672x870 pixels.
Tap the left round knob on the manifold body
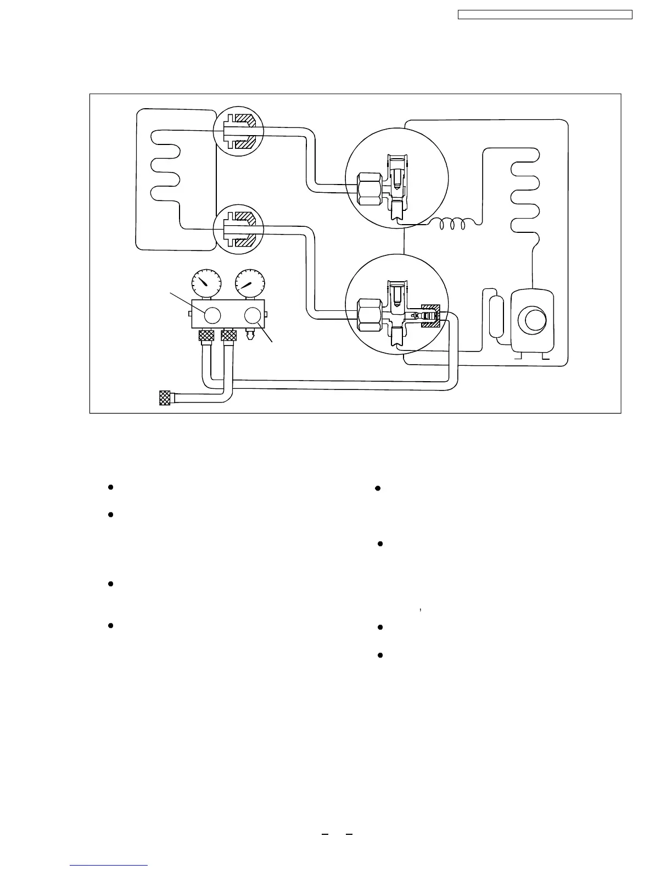click(212, 315)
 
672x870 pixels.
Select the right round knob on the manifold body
click(253, 315)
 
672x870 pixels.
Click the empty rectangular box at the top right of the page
click(545, 14)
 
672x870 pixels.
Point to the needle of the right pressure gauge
click(247, 285)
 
